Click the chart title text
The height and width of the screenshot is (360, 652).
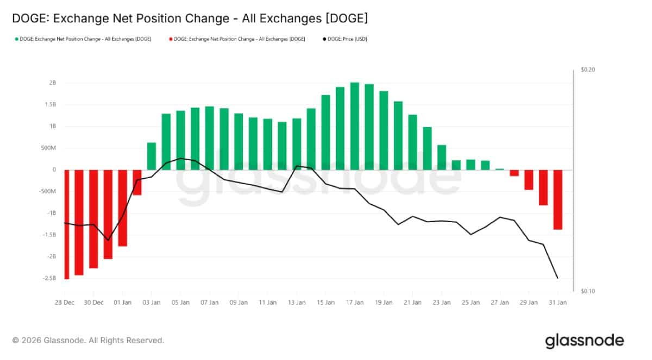(x=190, y=18)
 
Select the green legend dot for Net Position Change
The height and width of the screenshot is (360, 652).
(x=17, y=39)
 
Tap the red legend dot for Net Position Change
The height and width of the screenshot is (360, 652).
(x=170, y=39)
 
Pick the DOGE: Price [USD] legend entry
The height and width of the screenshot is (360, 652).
(x=346, y=39)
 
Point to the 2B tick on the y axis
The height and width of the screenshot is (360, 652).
(x=53, y=83)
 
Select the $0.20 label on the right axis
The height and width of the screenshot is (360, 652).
(x=588, y=70)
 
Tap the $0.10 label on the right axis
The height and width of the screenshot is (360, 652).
(x=588, y=292)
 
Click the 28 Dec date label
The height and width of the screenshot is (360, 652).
(x=65, y=302)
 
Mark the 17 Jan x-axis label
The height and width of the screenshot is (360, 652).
(x=355, y=302)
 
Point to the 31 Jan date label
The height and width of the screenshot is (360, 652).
(x=558, y=302)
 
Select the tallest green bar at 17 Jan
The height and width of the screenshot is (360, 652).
(x=355, y=126)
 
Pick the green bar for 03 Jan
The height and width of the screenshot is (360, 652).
(x=152, y=156)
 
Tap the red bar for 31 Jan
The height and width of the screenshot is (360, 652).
(x=558, y=199)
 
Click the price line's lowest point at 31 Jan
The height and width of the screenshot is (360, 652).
(x=557, y=278)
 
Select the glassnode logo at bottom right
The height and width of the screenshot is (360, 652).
(x=584, y=341)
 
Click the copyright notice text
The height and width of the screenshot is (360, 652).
(x=88, y=340)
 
